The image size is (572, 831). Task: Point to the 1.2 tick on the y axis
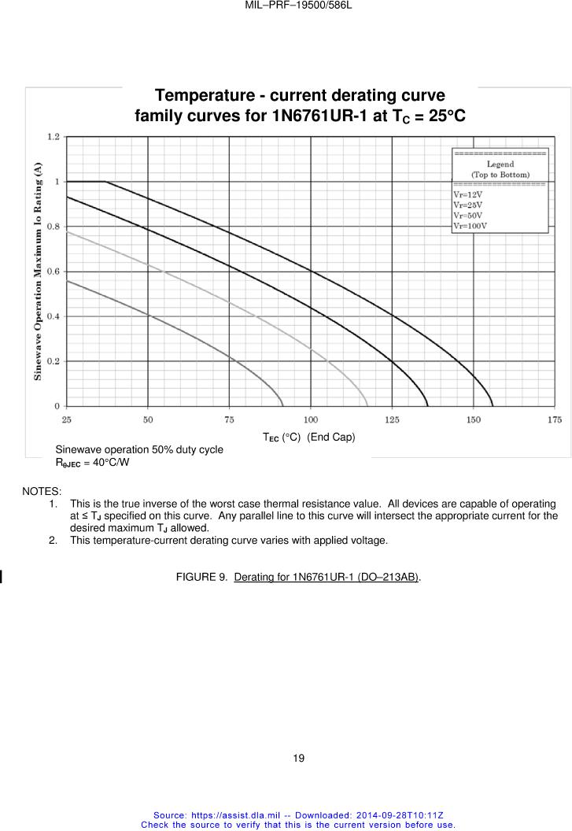pos(53,137)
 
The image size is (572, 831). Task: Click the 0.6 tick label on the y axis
pos(53,271)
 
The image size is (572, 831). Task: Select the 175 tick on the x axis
pos(555,420)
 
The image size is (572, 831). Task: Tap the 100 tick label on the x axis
pos(311,420)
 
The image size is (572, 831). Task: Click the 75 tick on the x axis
pos(229,420)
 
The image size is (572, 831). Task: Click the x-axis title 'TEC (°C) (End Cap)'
pos(308,437)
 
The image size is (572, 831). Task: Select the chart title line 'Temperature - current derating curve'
pos(300,96)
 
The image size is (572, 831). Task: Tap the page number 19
pos(298,759)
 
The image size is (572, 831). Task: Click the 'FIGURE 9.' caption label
pos(201,578)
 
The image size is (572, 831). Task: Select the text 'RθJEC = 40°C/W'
pos(92,462)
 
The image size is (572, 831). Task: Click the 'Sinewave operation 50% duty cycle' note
pos(138,449)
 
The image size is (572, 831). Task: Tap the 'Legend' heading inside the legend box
pos(500,164)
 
